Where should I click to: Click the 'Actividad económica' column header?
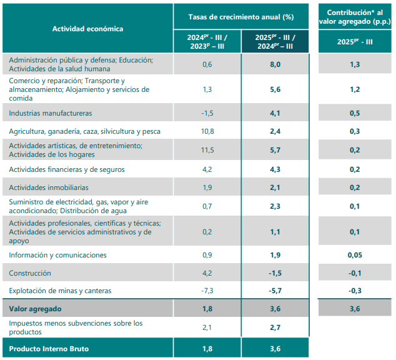point(87,29)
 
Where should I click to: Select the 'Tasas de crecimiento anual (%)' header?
point(241,15)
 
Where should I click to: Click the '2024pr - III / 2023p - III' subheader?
point(207,41)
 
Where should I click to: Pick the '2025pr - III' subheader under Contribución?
point(355,41)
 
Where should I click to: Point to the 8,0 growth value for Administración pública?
point(275,64)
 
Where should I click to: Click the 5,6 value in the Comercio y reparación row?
point(275,89)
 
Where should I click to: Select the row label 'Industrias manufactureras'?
point(51,113)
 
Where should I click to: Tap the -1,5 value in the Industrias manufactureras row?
point(207,113)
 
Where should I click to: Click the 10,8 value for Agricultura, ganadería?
point(207,131)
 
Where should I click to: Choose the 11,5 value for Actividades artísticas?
point(207,150)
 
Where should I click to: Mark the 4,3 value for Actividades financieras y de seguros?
point(275,169)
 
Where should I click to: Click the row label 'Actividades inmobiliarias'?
point(49,187)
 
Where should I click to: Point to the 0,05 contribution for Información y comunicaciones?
point(355,255)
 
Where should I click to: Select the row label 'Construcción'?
point(30,273)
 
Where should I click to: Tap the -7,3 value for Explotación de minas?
point(207,291)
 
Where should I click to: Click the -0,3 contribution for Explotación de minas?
point(355,291)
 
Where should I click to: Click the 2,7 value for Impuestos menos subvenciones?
point(275,327)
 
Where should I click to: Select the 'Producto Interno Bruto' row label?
point(49,348)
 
